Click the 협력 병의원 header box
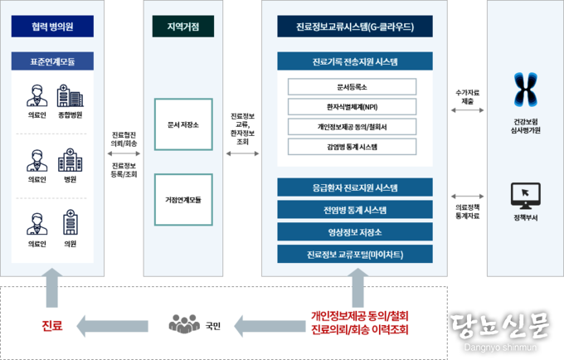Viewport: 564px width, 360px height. [53, 27]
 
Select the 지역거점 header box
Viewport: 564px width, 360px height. [183, 27]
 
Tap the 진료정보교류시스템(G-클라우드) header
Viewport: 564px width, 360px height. [355, 27]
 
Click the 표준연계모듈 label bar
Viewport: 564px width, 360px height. [53, 61]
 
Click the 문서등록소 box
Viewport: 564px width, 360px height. [352, 86]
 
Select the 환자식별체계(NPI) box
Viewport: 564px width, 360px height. [352, 106]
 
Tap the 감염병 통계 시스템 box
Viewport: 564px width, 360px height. [352, 146]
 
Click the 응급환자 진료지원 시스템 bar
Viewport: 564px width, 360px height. [355, 187]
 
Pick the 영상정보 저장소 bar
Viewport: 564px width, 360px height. [355, 232]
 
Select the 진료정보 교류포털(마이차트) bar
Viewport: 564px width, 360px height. [355, 254]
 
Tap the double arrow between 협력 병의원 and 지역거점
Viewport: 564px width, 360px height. [124, 153]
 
